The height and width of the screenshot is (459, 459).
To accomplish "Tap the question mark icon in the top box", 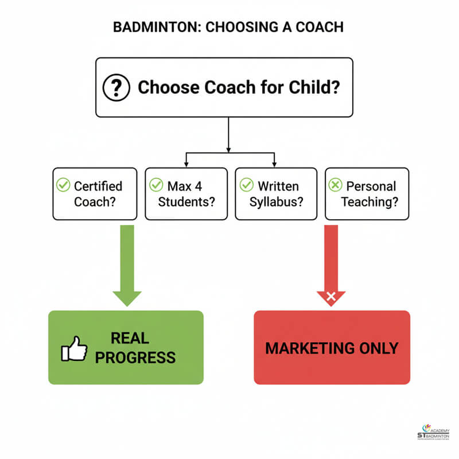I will coord(114,87).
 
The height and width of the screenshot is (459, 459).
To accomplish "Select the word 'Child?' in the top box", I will coord(315,87).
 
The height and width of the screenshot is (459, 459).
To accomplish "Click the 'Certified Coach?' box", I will coord(95,194).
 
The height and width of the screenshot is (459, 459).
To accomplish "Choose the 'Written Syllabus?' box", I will coord(276,194).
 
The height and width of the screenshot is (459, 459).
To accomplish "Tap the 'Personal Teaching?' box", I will coord(367,194).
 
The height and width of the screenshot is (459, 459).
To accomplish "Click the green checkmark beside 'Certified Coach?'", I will coord(63,185).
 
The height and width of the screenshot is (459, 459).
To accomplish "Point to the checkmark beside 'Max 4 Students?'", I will coord(155,185).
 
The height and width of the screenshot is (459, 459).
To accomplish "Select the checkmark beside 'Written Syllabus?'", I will coord(246,185).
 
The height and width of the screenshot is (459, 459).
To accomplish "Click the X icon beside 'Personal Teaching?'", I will coord(335,185).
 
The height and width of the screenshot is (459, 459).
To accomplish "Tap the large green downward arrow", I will coord(127,264).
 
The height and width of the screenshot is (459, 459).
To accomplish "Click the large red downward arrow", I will coord(331,261).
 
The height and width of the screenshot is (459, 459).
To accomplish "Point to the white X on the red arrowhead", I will coord(331,297).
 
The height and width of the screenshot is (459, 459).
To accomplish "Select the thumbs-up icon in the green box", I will coord(74,348).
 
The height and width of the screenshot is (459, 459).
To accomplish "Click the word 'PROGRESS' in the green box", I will coord(135,358).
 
